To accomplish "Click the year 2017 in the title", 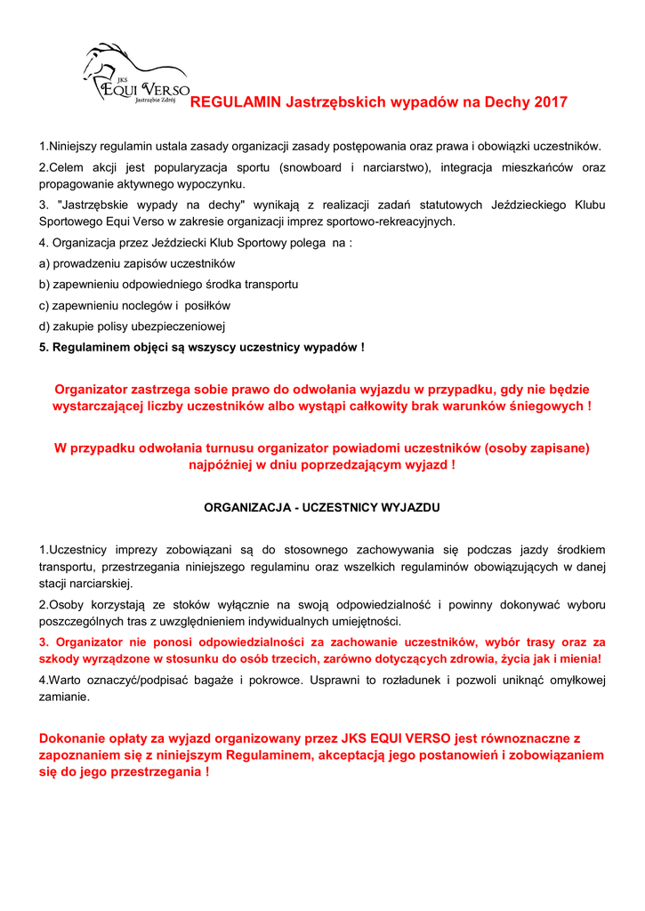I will coord(550,102).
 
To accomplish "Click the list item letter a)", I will coord(44,264).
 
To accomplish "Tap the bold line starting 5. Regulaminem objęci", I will coord(201,346).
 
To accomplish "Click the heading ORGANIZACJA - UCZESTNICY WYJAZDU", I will coord(322,507).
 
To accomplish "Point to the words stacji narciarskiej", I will coord(85,584).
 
